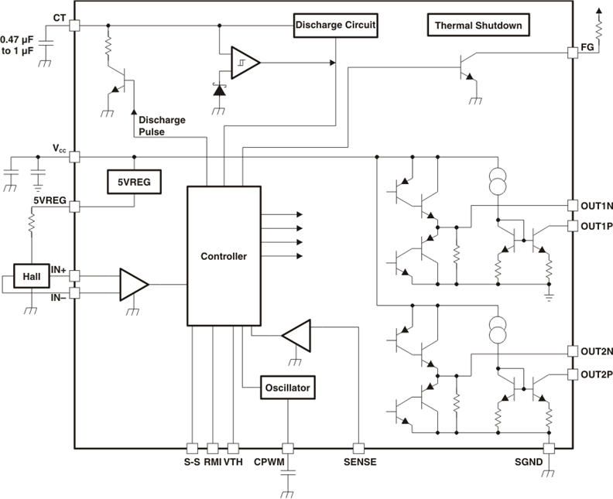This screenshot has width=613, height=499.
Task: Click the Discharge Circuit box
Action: (335, 25)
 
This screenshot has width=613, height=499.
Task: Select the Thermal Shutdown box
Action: (478, 26)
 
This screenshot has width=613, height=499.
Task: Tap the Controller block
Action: (223, 256)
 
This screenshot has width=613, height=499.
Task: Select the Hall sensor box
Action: (32, 276)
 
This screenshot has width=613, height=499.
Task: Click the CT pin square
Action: (75, 25)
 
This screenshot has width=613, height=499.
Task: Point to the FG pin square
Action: (574, 49)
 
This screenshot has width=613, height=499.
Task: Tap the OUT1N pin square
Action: (574, 206)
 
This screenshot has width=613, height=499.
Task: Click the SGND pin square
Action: (550, 448)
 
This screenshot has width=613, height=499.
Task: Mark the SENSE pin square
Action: (358, 448)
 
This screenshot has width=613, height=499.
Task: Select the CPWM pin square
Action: (288, 448)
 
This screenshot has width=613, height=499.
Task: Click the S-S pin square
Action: (192, 448)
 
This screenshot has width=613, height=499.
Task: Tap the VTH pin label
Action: (233, 463)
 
